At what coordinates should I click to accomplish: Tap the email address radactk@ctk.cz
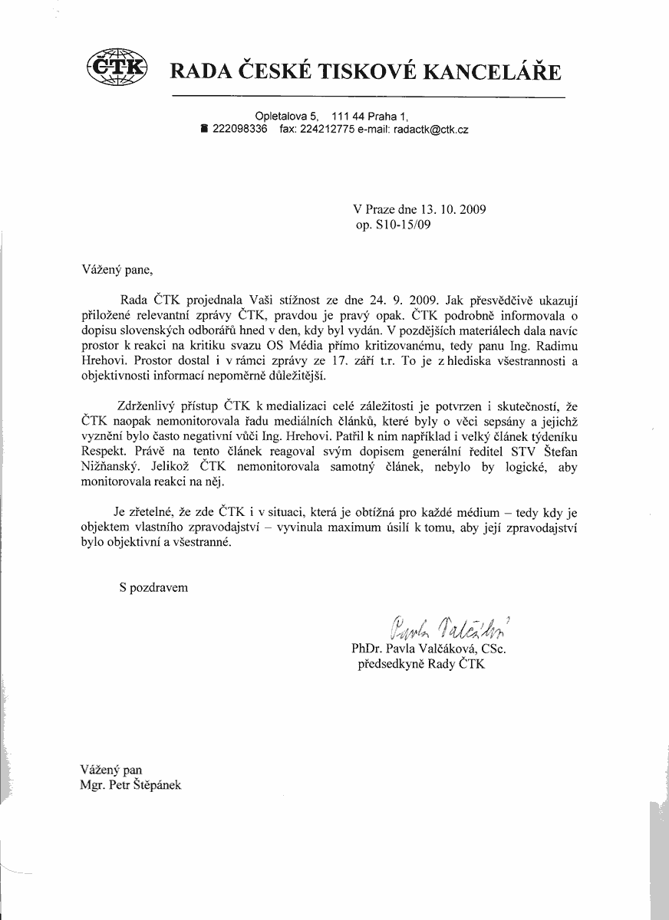(x=430, y=130)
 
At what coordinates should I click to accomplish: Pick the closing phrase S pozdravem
(x=153, y=588)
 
